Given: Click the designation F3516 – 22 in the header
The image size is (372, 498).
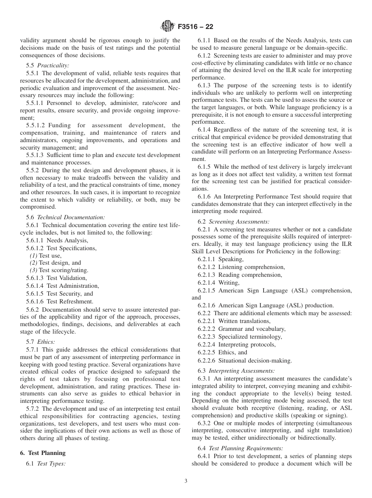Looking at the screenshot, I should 195,27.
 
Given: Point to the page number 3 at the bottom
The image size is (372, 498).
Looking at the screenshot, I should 186,481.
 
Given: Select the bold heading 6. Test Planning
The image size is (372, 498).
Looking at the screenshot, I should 43,453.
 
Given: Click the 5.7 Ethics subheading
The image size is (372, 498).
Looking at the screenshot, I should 46,341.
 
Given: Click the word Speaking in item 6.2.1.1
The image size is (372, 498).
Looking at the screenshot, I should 231,259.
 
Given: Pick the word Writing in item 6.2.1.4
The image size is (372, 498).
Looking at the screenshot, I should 229,283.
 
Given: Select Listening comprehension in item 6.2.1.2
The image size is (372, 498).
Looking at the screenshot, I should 251,267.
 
